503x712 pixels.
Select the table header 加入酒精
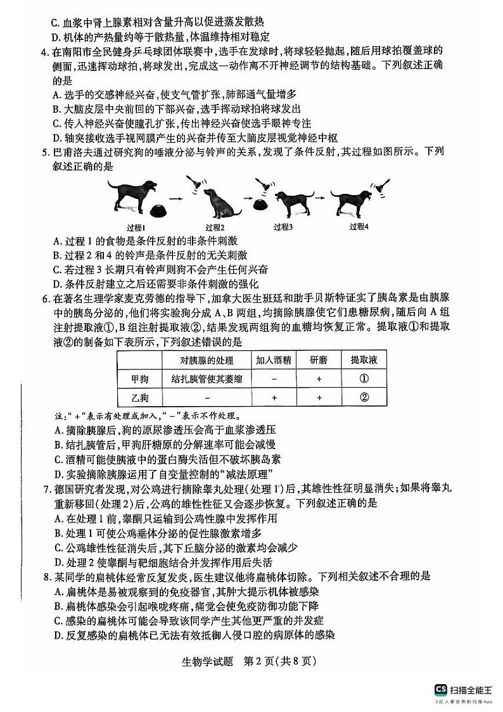pyautogui.click(x=273, y=360)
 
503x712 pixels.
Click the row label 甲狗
pyautogui.click(x=140, y=379)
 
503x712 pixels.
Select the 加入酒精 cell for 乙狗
pyautogui.click(x=273, y=397)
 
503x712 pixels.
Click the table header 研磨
pyautogui.click(x=319, y=360)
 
